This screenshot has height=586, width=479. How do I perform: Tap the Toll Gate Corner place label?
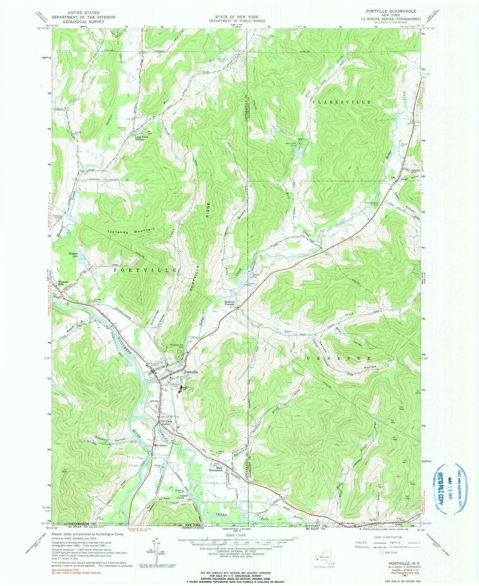click(165, 423)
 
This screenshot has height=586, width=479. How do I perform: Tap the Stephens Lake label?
click(73, 254)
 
